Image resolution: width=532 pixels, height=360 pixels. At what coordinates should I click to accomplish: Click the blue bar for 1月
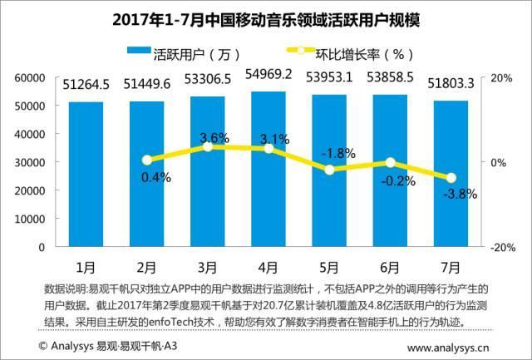coord(86,175)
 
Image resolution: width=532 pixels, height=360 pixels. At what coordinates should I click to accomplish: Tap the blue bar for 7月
coord(447,174)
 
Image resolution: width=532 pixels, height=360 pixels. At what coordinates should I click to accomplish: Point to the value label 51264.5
coord(86,84)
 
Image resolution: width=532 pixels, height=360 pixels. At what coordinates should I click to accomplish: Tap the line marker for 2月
coord(147,160)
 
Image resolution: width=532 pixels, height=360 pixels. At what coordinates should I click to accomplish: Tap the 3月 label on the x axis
coord(207,268)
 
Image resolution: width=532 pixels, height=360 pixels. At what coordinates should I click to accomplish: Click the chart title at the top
coord(266,18)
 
